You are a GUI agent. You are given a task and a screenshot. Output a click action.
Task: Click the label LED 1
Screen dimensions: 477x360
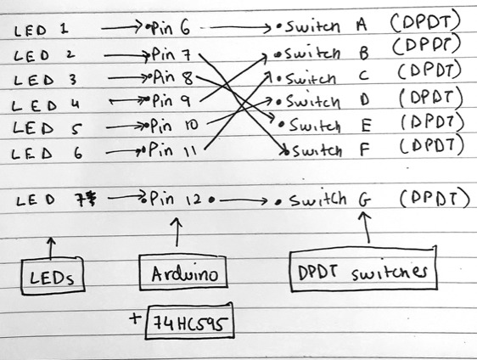[41, 30]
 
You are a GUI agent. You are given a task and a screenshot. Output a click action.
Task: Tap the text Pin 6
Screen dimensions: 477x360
[171, 28]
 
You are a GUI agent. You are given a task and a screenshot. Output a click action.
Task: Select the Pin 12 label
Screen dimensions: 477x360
[175, 199]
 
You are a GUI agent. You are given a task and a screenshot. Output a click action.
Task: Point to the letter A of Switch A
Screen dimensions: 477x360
[361, 25]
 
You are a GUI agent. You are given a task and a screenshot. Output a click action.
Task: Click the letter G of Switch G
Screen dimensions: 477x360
[365, 201]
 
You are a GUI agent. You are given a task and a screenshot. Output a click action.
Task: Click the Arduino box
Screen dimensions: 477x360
[183, 273]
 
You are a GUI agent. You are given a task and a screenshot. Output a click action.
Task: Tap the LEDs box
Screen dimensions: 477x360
[53, 276]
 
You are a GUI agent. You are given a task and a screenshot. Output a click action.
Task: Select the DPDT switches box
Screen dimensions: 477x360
[363, 269]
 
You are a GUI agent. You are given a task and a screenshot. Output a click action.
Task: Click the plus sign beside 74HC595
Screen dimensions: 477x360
[135, 318]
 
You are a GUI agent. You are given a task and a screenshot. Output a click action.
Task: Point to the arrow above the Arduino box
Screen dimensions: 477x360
[177, 232]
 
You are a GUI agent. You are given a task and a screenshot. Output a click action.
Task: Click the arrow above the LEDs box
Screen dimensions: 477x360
[51, 248]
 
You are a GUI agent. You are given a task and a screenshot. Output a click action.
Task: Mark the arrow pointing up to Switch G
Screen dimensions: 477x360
[366, 228]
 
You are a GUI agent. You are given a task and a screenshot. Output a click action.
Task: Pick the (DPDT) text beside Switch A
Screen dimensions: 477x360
[425, 23]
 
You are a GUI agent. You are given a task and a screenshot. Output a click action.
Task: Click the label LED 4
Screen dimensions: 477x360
[46, 105]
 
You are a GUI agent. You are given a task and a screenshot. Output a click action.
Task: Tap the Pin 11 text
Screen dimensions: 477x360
[172, 149]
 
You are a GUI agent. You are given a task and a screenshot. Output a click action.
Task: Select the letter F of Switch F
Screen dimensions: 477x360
[364, 149]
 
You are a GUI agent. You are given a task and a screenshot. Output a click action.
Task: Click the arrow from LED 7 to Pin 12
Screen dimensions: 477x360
[126, 196]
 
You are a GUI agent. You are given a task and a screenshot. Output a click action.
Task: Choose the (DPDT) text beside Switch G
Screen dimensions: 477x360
[435, 198]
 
